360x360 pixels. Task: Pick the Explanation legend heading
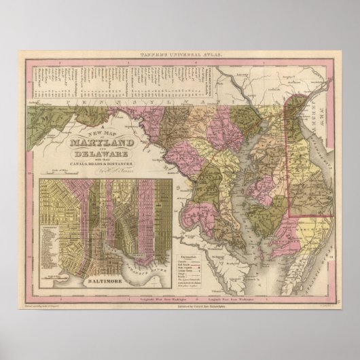point(197,236)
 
